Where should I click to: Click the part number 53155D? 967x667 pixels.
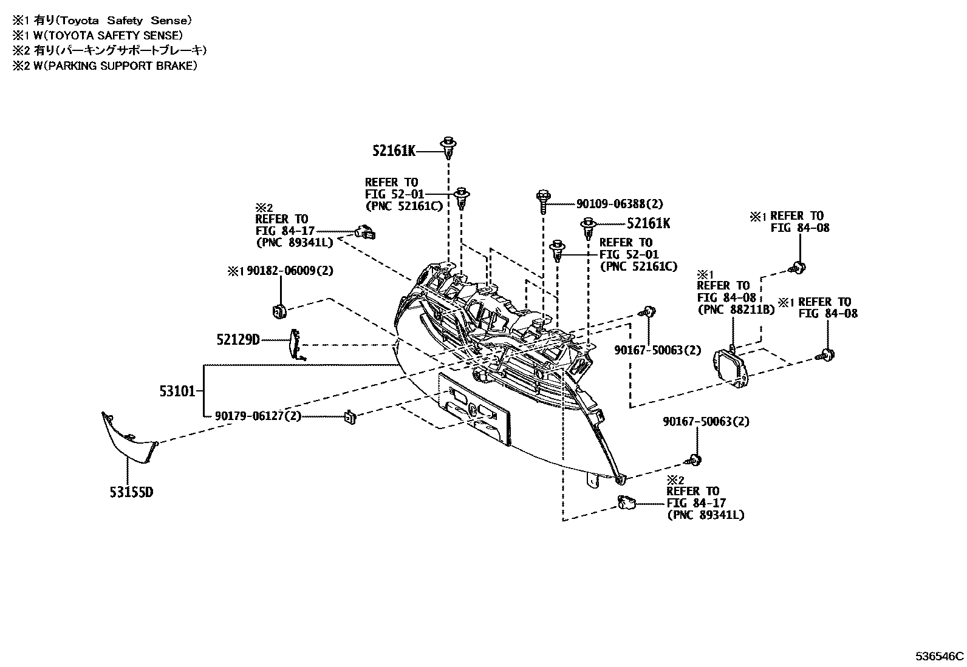(131, 492)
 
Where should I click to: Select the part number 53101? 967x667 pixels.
(177, 391)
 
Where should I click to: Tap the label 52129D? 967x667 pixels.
(237, 339)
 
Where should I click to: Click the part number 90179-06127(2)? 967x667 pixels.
(258, 416)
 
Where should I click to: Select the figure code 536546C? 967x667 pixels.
(940, 656)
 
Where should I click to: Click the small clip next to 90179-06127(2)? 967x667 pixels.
(350, 416)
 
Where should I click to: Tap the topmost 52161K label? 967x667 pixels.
(394, 151)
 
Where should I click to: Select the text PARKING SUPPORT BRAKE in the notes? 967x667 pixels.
(118, 66)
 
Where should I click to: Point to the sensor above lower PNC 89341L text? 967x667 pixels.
(626, 503)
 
